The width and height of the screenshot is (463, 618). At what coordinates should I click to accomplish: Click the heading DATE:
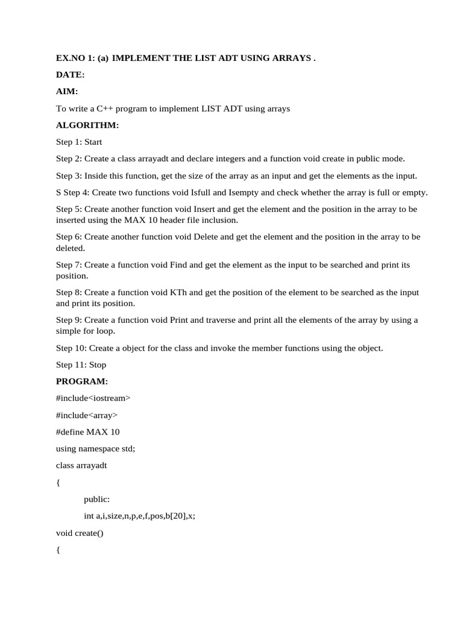[x=70, y=75]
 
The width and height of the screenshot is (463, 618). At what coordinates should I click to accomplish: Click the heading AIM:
[x=67, y=91]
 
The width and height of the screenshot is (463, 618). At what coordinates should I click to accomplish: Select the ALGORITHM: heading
[x=87, y=125]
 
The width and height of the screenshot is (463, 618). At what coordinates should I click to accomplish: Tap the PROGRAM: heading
[x=82, y=381]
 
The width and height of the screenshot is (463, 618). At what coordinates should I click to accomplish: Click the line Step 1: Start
[x=79, y=142]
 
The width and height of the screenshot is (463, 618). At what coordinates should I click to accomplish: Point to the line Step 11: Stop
[x=81, y=365]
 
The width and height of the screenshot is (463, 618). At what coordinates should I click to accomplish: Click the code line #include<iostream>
[x=93, y=398]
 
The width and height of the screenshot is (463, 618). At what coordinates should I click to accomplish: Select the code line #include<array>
[x=87, y=415]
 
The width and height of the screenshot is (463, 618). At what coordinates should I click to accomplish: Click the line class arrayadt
[x=81, y=466]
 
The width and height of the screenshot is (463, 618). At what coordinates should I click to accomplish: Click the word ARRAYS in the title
[x=292, y=58]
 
